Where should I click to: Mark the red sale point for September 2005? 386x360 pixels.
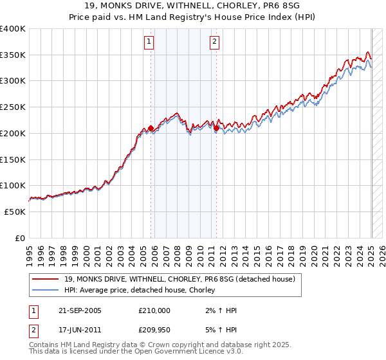tap(151, 128)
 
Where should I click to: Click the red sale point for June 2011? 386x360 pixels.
tap(216, 128)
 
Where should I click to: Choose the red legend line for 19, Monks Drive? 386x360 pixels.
tap(46, 279)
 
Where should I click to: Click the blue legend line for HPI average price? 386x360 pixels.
tap(46, 291)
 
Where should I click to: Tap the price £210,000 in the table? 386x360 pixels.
tap(154, 310)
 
